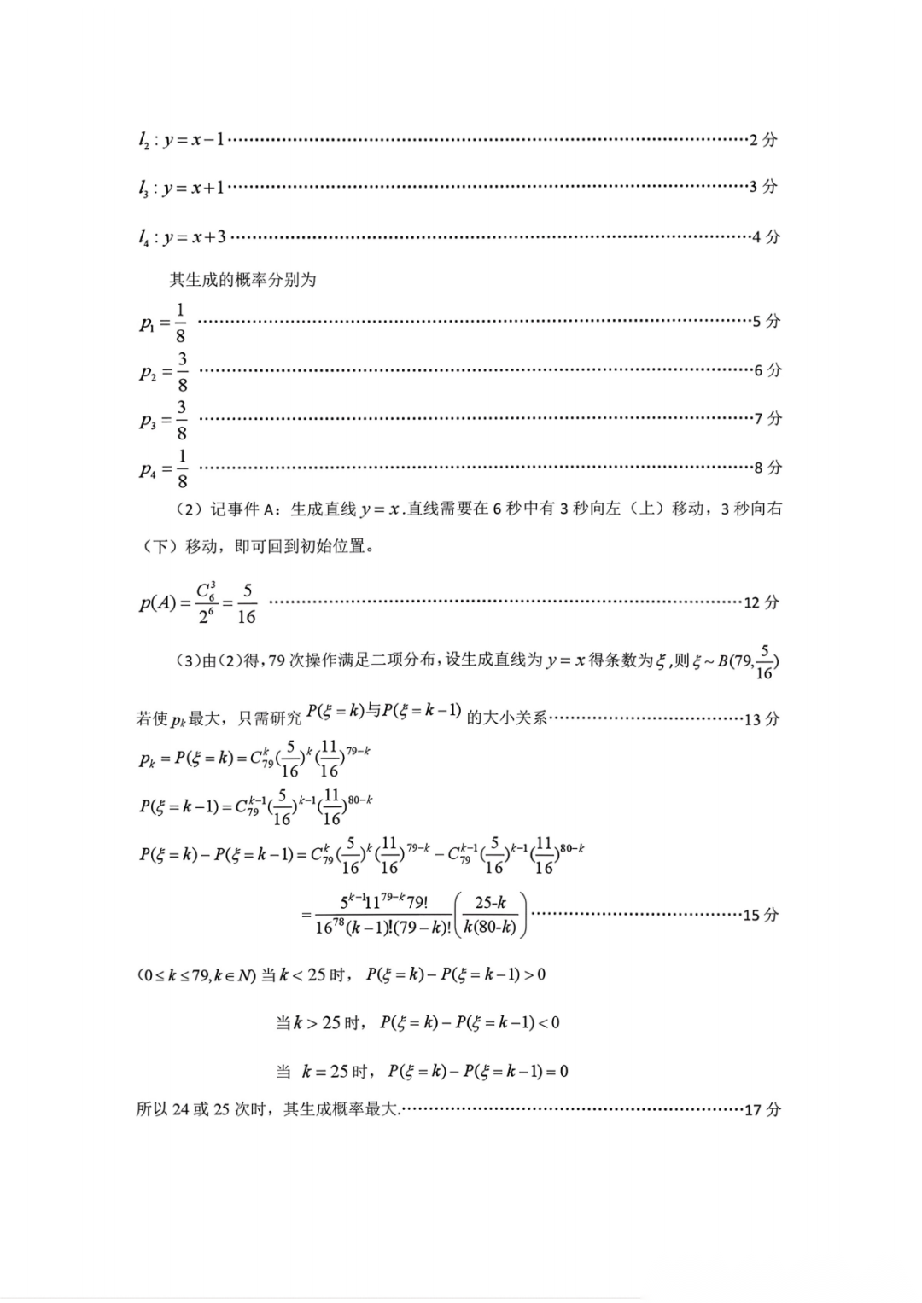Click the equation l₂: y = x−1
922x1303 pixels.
182,139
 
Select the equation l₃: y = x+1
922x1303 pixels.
182,188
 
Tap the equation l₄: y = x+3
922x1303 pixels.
183,236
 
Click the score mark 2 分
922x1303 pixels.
763,139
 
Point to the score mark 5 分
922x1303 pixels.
767,322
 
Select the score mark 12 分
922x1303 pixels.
762,602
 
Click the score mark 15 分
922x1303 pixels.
761,915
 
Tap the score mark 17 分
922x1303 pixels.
762,1110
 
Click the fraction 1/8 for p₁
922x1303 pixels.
180,323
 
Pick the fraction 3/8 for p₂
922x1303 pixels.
182,371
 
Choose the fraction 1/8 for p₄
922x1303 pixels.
182,468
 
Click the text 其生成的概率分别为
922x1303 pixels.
242,280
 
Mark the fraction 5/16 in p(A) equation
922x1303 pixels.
247,603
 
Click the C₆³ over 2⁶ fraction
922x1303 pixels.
206,603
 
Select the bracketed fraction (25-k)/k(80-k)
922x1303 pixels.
491,915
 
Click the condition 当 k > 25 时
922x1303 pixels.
321,1022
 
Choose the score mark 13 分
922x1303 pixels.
762,719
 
